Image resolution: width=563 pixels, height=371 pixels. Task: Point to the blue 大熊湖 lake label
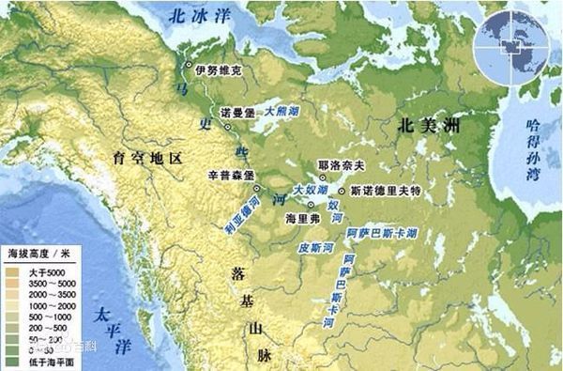pos(282,110)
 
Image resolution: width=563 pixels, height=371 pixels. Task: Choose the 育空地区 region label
pos(145,155)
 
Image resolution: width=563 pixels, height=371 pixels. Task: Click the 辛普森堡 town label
pos(225,176)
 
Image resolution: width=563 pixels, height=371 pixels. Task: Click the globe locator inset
pos(514,44)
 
